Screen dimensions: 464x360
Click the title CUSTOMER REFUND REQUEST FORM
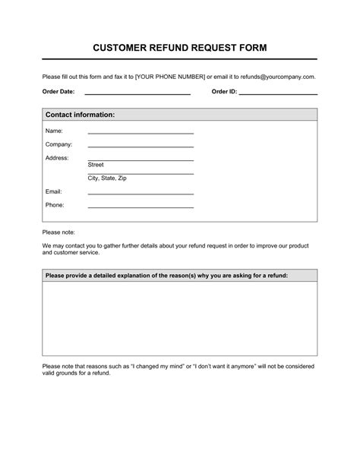pos(180,47)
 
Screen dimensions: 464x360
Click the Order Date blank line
pos(137,93)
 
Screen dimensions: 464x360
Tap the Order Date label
pos(58,91)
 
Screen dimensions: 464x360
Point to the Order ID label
pos(224,91)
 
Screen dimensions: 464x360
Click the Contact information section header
pos(81,115)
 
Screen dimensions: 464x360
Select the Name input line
pos(141,133)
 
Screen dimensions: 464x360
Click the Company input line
pos(141,147)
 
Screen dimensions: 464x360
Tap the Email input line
pos(141,194)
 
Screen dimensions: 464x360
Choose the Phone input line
pos(141,207)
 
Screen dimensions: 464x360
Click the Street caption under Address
pos(96,164)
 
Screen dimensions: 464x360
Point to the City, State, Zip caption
pos(107,178)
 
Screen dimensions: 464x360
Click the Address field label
pos(57,158)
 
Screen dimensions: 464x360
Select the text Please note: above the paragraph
pos(59,232)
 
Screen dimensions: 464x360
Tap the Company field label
pos(59,144)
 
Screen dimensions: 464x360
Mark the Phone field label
pos(55,205)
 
